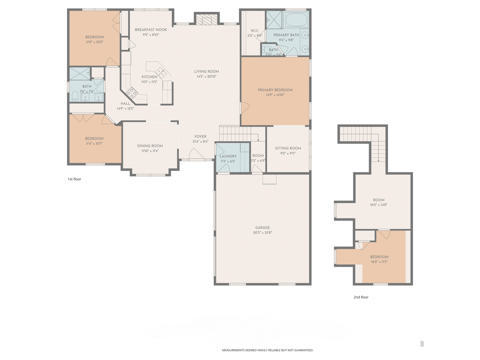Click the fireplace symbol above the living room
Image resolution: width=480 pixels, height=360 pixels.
coord(207,19)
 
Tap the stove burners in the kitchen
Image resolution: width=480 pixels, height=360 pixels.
coord(132,93)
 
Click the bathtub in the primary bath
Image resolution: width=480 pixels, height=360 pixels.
coord(296,19)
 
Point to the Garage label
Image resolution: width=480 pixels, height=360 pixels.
coord(262,228)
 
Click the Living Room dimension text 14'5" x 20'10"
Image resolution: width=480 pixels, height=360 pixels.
coord(206,77)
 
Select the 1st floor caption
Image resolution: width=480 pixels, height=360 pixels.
coord(74,179)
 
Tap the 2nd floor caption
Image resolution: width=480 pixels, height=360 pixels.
coord(361,297)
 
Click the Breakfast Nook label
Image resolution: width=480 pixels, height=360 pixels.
coord(151,30)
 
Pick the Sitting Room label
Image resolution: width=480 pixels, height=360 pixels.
coord(288,148)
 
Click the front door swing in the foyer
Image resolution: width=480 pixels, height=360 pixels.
coord(196,154)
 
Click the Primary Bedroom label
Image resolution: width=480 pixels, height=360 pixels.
coord(275,90)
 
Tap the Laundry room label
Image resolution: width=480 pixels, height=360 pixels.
coord(228,156)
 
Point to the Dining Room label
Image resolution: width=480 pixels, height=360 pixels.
coord(150,146)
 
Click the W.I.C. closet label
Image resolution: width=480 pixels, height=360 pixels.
coord(255,31)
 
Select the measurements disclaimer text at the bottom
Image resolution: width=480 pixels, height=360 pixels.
coord(267,350)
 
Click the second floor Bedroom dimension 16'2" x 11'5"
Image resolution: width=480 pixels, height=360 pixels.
coord(379,262)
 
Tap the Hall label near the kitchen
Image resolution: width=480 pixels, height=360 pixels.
coord(125,104)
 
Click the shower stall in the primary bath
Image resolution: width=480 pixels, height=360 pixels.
coord(274,19)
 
